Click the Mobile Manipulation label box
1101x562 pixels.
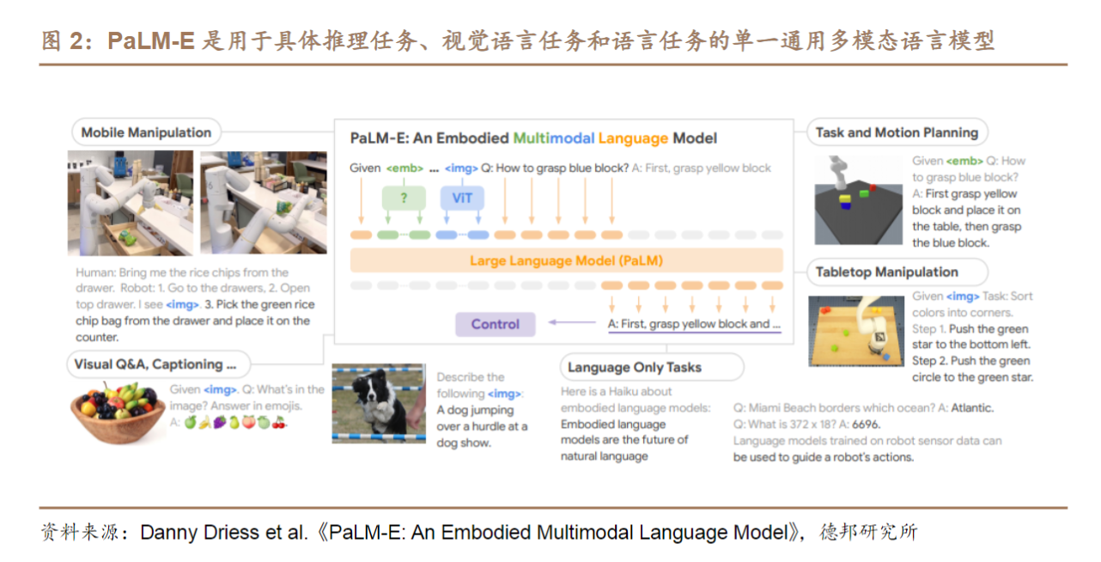pyautogui.click(x=146, y=132)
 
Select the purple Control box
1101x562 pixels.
pyautogui.click(x=495, y=324)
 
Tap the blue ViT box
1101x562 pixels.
pyautogui.click(x=462, y=199)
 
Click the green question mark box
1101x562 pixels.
pyautogui.click(x=404, y=199)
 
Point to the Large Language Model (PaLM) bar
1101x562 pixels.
pyautogui.click(x=566, y=260)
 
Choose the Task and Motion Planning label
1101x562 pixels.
pyautogui.click(x=897, y=132)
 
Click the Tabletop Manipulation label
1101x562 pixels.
pyautogui.click(x=897, y=272)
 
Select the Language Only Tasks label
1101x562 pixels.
pyautogui.click(x=652, y=367)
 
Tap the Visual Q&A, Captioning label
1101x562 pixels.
pyautogui.click(x=158, y=364)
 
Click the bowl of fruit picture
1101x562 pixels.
pyautogui.click(x=118, y=413)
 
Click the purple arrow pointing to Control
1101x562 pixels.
pyautogui.click(x=572, y=322)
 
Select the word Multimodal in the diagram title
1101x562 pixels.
pyautogui.click(x=554, y=138)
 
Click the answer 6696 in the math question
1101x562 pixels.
pyautogui.click(x=866, y=425)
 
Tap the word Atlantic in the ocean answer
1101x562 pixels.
pyautogui.click(x=972, y=407)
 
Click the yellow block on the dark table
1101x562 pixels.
pyautogui.click(x=844, y=199)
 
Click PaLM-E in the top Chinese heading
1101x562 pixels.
pyautogui.click(x=151, y=40)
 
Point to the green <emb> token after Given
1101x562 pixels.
pyautogui.click(x=405, y=168)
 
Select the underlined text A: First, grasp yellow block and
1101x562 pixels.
pyautogui.click(x=688, y=324)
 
